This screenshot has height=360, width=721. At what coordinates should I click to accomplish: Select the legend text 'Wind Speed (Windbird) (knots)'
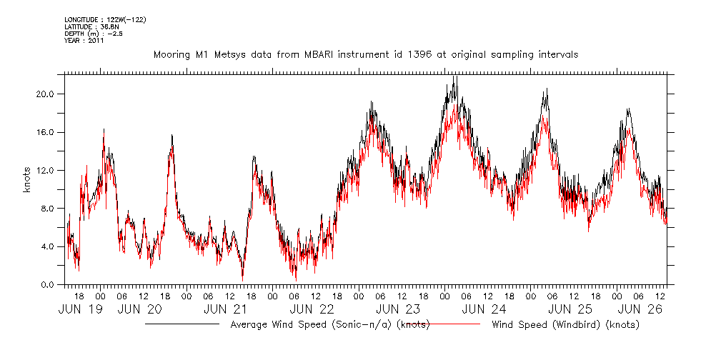(565, 325)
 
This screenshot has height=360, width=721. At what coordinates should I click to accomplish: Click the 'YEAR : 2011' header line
(84, 41)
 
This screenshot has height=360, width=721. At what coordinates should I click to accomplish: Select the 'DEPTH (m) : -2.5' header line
(93, 34)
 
